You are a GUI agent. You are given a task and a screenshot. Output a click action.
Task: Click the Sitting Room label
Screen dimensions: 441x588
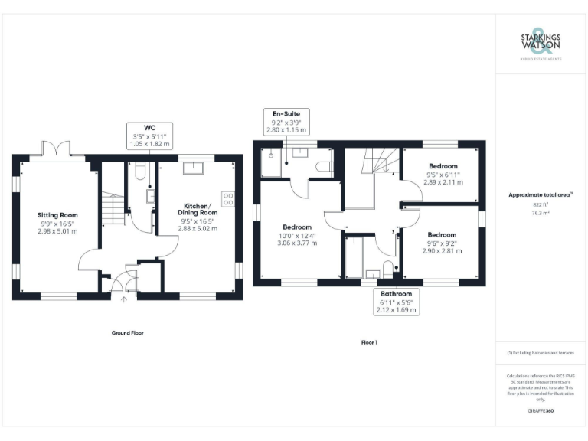click(58, 223)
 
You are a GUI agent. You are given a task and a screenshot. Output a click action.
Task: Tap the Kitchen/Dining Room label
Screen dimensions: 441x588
click(198, 217)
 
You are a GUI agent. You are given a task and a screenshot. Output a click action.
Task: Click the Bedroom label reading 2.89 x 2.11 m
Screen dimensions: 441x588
click(443, 175)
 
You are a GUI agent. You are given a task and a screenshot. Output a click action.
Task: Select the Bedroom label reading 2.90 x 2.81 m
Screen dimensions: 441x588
click(443, 243)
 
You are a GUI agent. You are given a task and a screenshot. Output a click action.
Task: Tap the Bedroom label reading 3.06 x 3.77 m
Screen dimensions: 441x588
click(297, 234)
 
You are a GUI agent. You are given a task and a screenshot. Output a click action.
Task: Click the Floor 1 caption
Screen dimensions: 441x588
click(369, 342)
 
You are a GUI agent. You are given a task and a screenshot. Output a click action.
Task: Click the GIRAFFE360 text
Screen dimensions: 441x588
click(541, 412)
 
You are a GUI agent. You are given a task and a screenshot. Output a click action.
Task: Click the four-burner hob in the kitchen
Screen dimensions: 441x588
click(228, 198)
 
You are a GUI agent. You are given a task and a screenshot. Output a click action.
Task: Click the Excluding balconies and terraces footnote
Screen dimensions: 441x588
click(541, 352)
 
